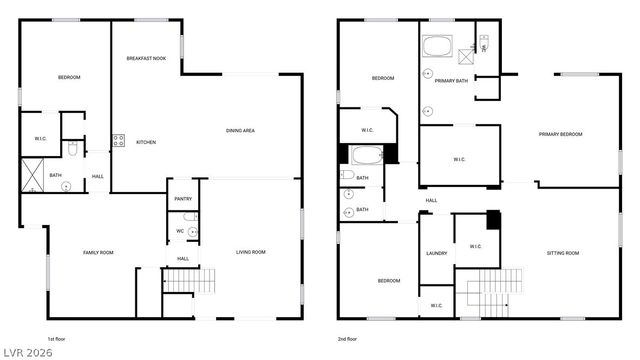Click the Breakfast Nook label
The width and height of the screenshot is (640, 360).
click(x=145, y=59)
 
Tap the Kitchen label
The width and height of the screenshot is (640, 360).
click(x=145, y=142)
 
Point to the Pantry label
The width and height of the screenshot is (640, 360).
click(x=183, y=199)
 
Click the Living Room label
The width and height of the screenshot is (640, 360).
click(x=250, y=252)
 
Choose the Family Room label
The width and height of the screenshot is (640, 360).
click(x=98, y=252)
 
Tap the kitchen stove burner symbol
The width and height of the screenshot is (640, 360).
click(x=118, y=141)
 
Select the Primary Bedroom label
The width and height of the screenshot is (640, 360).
click(x=560, y=134)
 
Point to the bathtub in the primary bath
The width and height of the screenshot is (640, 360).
click(x=436, y=46)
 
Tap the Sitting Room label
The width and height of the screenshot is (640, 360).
click(x=563, y=253)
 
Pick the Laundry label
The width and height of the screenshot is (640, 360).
click(x=436, y=253)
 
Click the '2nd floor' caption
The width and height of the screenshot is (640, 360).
click(x=349, y=339)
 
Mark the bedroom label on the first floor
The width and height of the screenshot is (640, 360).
click(x=69, y=77)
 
